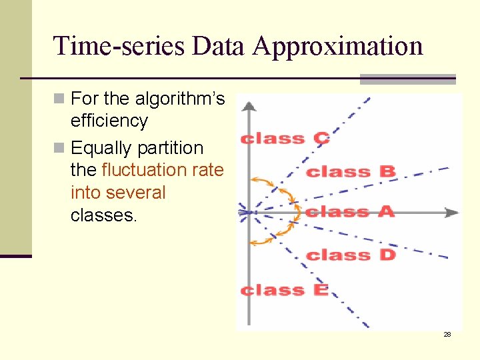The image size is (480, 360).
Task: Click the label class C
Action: (x=285, y=139)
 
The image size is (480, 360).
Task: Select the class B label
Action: (x=351, y=172)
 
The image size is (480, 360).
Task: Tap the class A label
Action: (x=350, y=212)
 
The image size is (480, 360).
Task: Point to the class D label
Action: (x=351, y=255)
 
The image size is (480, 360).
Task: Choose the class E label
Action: (x=285, y=290)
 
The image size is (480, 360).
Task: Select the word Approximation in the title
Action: (x=338, y=46)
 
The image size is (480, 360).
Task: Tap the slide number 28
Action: (x=447, y=334)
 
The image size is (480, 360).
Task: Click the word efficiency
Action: (x=109, y=121)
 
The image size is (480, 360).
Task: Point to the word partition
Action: (x=171, y=147)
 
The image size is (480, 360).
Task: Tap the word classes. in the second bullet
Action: (x=103, y=215)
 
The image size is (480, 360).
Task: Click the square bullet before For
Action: (x=59, y=99)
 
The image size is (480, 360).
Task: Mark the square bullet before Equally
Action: (x=59, y=147)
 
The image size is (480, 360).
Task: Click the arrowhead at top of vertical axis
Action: (x=248, y=105)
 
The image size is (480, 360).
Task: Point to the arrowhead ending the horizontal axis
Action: (x=453, y=213)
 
